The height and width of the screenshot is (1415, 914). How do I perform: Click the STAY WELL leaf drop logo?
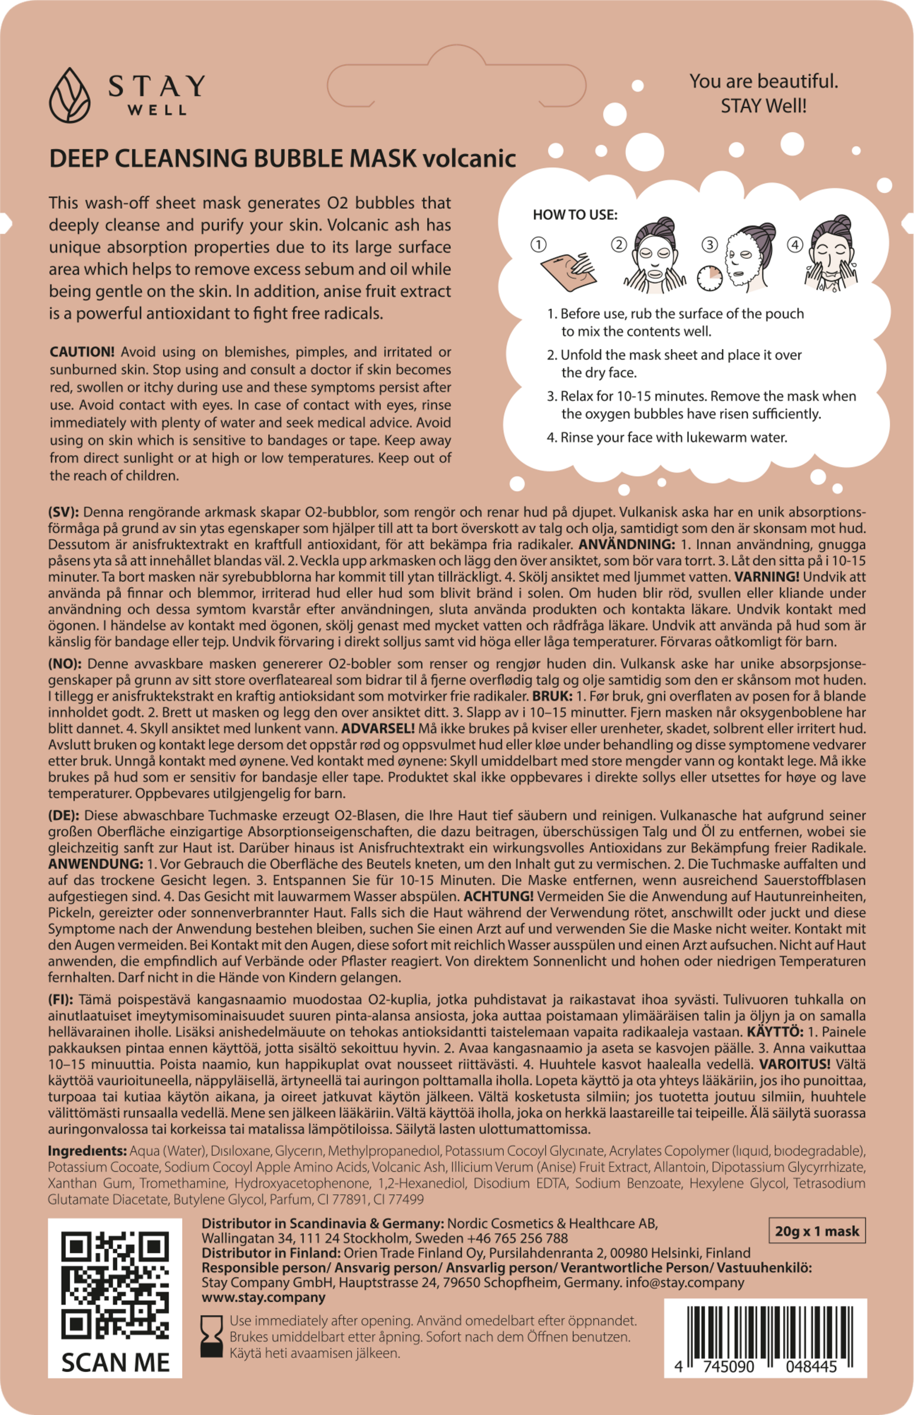70,95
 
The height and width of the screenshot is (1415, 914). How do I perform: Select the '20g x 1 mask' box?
817,1230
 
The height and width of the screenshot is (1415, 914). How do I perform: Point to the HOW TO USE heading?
575,215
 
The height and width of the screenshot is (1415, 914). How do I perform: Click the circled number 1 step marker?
538,244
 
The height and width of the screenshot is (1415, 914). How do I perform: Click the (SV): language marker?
65,512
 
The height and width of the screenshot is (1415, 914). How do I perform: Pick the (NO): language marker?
65,663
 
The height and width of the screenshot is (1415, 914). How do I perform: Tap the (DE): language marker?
64,815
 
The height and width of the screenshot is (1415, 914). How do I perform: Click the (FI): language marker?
61,1000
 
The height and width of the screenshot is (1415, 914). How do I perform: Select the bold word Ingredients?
87,1151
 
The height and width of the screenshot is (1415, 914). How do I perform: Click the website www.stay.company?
263,1297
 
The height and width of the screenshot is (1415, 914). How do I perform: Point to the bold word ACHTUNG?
499,896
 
